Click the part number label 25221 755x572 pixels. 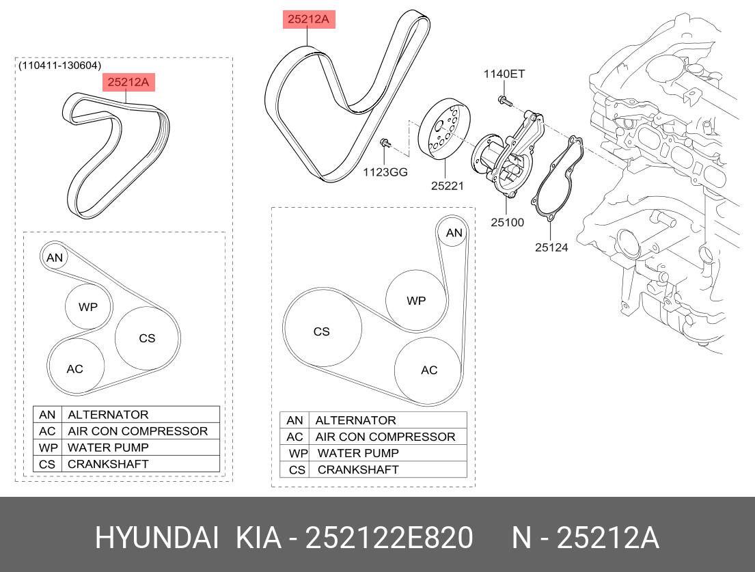(447, 185)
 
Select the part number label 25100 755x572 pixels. (507, 222)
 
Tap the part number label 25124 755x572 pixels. (551, 247)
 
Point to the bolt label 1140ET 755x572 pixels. (504, 74)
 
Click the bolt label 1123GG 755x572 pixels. (385, 172)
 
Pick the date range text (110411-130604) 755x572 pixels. (60, 66)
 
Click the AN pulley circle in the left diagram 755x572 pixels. (55, 258)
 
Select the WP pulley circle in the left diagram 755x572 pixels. (88, 308)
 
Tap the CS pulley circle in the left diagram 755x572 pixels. (147, 338)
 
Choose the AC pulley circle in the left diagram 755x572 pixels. (75, 368)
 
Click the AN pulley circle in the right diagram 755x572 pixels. (454, 233)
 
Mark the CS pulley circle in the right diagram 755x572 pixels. (322, 331)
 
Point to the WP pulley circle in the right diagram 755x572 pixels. (416, 301)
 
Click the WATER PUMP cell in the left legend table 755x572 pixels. (108, 448)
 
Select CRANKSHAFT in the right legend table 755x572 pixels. (358, 469)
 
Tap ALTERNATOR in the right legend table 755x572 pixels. (355, 420)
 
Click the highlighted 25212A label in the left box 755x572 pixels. (128, 83)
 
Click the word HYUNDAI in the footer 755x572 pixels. (156, 539)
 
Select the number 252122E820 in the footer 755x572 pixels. (389, 539)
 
